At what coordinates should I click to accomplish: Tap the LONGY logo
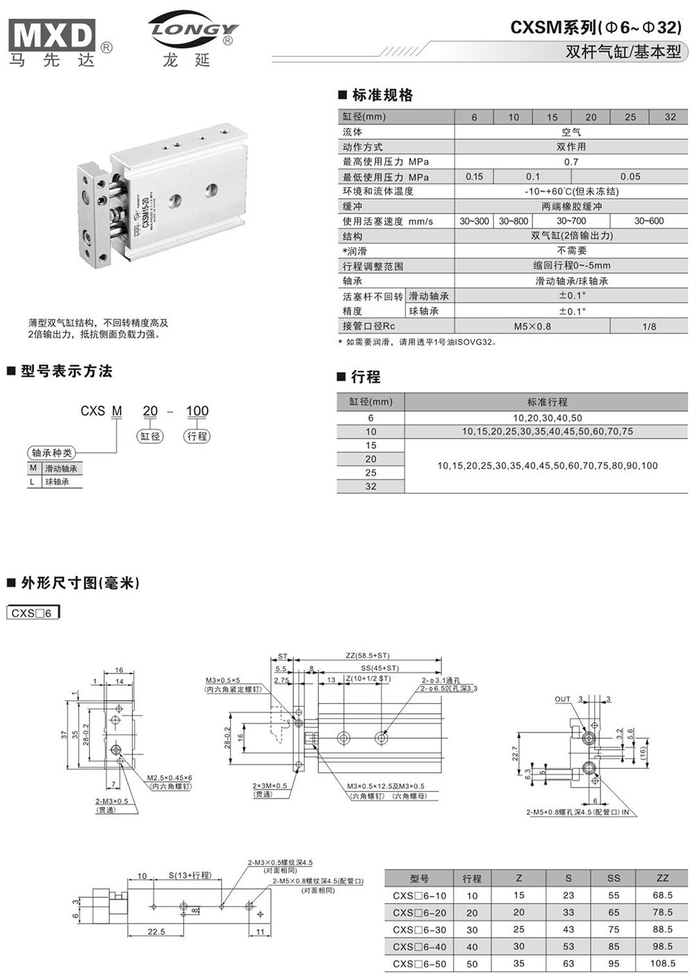click(193, 31)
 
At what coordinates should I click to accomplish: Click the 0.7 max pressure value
click(571, 162)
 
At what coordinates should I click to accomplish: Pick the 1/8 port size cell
click(649, 326)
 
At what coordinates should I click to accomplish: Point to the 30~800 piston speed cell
click(514, 221)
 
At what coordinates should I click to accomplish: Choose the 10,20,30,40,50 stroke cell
click(548, 418)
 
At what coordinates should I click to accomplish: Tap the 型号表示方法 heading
click(66, 371)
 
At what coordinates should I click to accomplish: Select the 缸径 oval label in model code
click(150, 436)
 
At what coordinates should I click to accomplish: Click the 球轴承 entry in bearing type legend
click(57, 482)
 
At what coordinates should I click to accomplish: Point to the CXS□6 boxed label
click(33, 613)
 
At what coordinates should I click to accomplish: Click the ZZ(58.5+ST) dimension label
click(368, 655)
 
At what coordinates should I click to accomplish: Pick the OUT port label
click(562, 699)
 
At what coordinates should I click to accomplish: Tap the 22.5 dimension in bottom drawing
click(156, 932)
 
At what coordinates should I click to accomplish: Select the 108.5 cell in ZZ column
click(662, 963)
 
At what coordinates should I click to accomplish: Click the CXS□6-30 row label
click(419, 929)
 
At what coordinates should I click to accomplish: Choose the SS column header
click(613, 878)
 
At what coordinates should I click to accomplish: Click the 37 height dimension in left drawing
click(63, 735)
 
